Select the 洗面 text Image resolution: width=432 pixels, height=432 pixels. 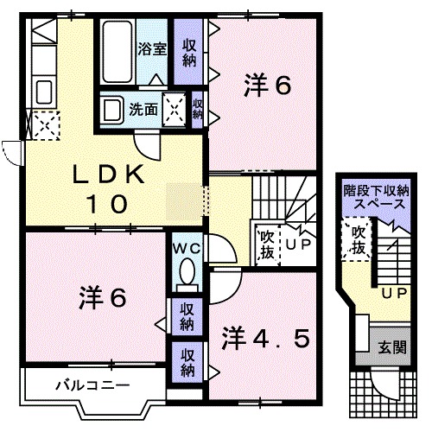tap(143, 110)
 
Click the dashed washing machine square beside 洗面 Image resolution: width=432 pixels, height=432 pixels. tap(175, 110)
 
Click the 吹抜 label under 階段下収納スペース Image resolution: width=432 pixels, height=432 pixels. tap(356, 240)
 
